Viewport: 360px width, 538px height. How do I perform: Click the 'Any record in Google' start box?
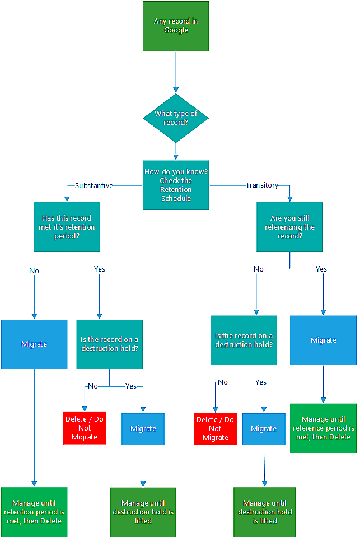(x=176, y=26)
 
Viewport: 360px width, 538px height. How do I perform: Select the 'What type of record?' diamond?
(x=176, y=118)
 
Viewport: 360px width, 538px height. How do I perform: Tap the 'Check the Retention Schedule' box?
(x=176, y=185)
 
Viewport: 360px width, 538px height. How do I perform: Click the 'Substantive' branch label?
(x=94, y=185)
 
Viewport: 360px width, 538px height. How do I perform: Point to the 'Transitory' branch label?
(x=261, y=185)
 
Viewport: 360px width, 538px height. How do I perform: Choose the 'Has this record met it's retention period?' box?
(x=67, y=227)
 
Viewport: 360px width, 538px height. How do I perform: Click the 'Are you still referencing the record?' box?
(x=289, y=227)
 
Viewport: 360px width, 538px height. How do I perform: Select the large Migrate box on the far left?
(x=34, y=344)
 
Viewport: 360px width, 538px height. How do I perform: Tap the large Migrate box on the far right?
(x=323, y=340)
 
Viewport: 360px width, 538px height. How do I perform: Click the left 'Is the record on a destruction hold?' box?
(x=110, y=344)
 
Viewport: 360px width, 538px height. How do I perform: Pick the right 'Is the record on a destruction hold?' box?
(x=244, y=340)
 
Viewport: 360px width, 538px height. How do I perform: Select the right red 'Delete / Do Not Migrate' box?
(x=215, y=429)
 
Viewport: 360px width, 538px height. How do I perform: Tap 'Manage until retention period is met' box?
(x=34, y=512)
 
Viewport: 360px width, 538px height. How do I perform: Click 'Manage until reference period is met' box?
(x=323, y=428)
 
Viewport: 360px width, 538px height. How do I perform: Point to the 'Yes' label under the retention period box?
(x=99, y=269)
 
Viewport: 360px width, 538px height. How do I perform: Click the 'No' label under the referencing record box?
(x=258, y=269)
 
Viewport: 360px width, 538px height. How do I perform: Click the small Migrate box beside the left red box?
(x=143, y=428)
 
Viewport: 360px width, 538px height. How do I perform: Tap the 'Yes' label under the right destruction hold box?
(x=261, y=382)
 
